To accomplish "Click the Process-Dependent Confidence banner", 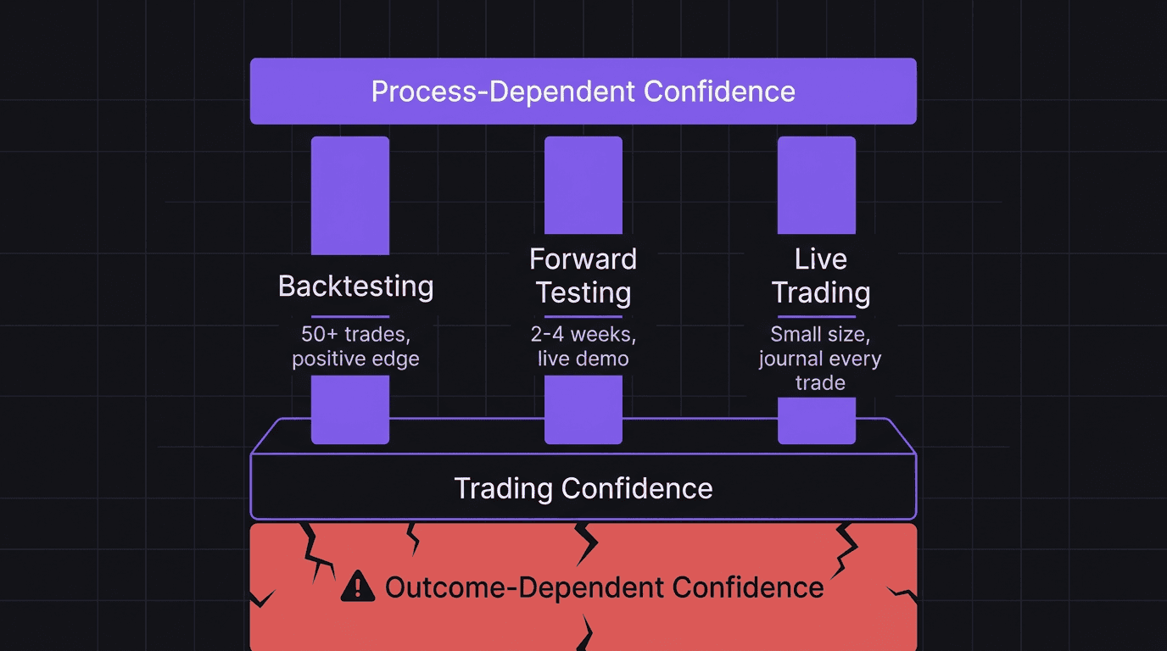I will [x=583, y=92].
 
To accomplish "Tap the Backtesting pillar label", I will [x=355, y=287].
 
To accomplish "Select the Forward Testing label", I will [x=583, y=275].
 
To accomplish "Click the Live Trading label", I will [x=820, y=275].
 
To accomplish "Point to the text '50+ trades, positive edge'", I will [x=355, y=346].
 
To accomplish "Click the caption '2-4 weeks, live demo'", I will [x=583, y=346].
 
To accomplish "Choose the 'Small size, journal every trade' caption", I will [x=820, y=359].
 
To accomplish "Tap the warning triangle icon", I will [x=357, y=586].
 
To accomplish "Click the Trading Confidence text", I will [x=583, y=488].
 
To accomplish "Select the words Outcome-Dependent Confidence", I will [x=604, y=587].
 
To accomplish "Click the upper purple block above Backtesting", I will [x=350, y=195].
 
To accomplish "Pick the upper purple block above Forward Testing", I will [x=583, y=185].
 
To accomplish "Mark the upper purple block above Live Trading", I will [x=817, y=185].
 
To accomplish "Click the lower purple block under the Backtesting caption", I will [x=350, y=409].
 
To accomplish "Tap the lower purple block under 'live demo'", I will [x=583, y=409].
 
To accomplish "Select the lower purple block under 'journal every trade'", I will [x=817, y=420].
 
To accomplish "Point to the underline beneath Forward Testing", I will [x=583, y=316].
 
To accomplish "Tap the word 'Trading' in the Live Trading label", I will [x=820, y=293].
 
